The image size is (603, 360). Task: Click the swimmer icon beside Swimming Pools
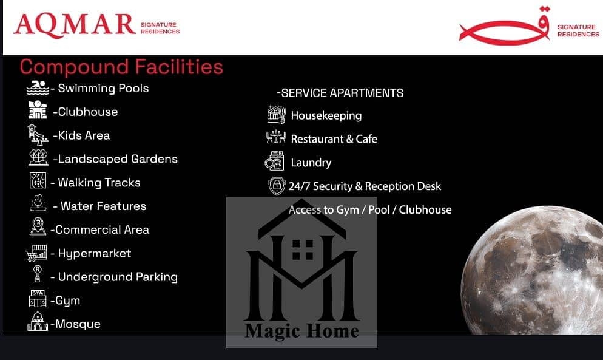(38, 88)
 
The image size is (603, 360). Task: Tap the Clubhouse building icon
(38, 110)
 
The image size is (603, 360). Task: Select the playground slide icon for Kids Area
(38, 135)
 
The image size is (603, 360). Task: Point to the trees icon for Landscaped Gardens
(38, 158)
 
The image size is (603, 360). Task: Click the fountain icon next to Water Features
(38, 203)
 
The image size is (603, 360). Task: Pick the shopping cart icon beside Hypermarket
(36, 253)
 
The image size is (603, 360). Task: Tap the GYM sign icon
(38, 299)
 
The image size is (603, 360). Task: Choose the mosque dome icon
(38, 321)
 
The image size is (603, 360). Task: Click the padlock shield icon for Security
(277, 186)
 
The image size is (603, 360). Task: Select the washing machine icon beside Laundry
(275, 161)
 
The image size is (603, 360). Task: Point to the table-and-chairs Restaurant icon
(276, 137)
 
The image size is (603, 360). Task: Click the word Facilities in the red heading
(179, 67)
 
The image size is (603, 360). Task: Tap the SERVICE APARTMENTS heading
(340, 93)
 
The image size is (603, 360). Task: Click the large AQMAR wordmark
(75, 25)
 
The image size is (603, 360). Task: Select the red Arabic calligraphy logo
(505, 27)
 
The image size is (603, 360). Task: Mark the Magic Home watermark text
(302, 331)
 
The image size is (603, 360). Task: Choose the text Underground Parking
(118, 277)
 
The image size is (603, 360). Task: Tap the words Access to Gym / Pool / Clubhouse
(370, 210)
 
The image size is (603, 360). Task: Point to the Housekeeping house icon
(277, 114)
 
